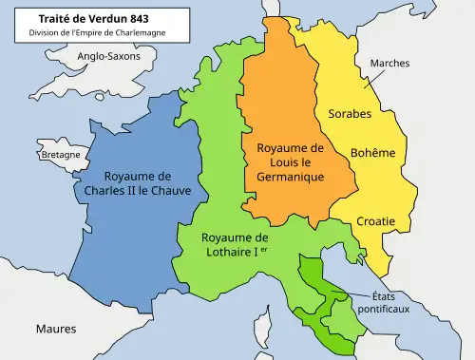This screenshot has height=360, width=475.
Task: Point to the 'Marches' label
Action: click(389, 64)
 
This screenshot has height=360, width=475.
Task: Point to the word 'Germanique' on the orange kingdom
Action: click(291, 177)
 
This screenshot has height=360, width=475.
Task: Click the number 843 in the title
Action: click(134, 17)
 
